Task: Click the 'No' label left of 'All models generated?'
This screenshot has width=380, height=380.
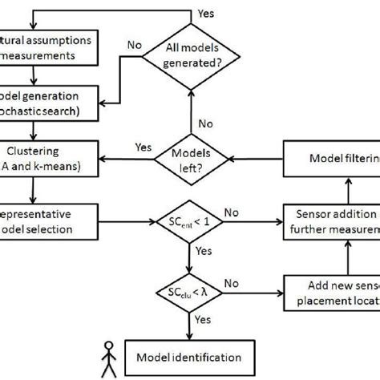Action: click(x=137, y=46)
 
